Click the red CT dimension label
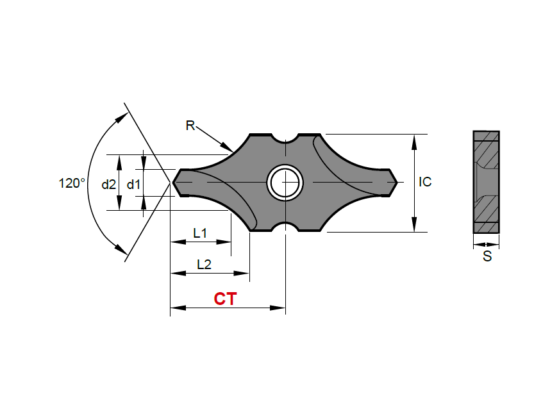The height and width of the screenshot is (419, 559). pos(225,299)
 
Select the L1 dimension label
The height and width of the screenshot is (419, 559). pos(200,234)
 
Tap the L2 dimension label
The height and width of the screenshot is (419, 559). pos(204,264)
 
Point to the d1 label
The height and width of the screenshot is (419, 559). pos(133,185)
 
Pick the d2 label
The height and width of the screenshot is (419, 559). pos(109,185)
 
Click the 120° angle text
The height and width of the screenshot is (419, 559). pos(72,183)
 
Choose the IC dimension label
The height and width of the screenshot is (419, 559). pos(425,182)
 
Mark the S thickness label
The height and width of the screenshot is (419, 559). pos(487,257)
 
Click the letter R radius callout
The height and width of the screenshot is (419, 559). pos(190,126)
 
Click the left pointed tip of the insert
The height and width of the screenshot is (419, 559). pos(174,183)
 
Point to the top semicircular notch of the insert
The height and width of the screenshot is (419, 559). pos(285,138)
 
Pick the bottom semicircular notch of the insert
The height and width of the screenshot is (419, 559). pos(285,228)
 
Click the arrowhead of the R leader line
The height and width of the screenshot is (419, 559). pos(229,150)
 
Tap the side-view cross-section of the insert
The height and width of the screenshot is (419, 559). pos(486,182)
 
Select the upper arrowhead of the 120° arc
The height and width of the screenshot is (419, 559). pos(122,117)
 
